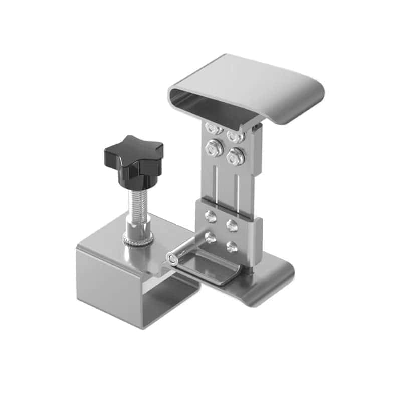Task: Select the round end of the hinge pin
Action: (172, 259)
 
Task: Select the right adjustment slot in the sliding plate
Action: (236, 188)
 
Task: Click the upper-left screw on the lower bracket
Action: (211, 217)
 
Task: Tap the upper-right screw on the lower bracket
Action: (231, 224)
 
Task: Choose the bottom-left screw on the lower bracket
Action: (211, 238)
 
